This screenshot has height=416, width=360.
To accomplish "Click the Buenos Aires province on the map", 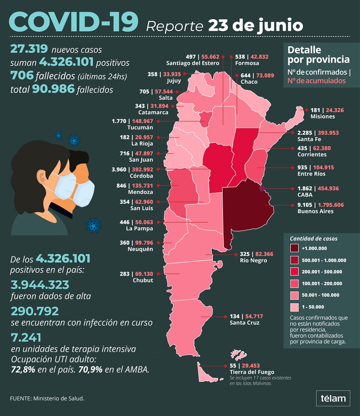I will point(247,211).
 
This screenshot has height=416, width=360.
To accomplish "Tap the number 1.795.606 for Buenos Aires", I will point(329,205).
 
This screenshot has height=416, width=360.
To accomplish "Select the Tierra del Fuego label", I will point(252,372).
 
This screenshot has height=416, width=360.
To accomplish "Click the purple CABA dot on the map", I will point(262,188).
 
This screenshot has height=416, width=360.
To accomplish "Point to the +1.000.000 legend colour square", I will point(294,248).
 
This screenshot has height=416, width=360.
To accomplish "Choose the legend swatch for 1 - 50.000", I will point(294,307).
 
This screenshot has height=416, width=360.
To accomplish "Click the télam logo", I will point(333,398).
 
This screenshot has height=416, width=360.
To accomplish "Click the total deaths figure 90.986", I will point(53,89).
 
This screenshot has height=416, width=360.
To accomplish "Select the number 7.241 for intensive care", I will point(26,337).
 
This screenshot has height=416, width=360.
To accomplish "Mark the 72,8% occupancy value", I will point(23,369).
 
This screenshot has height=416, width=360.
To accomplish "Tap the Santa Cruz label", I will point(245,323).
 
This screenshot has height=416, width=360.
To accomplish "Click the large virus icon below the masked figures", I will point(94,225).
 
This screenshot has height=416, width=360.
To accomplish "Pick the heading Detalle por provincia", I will point(313,54).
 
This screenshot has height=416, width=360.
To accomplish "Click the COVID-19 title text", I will point(74,23).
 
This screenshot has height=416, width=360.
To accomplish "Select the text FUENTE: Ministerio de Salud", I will point(47,398).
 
